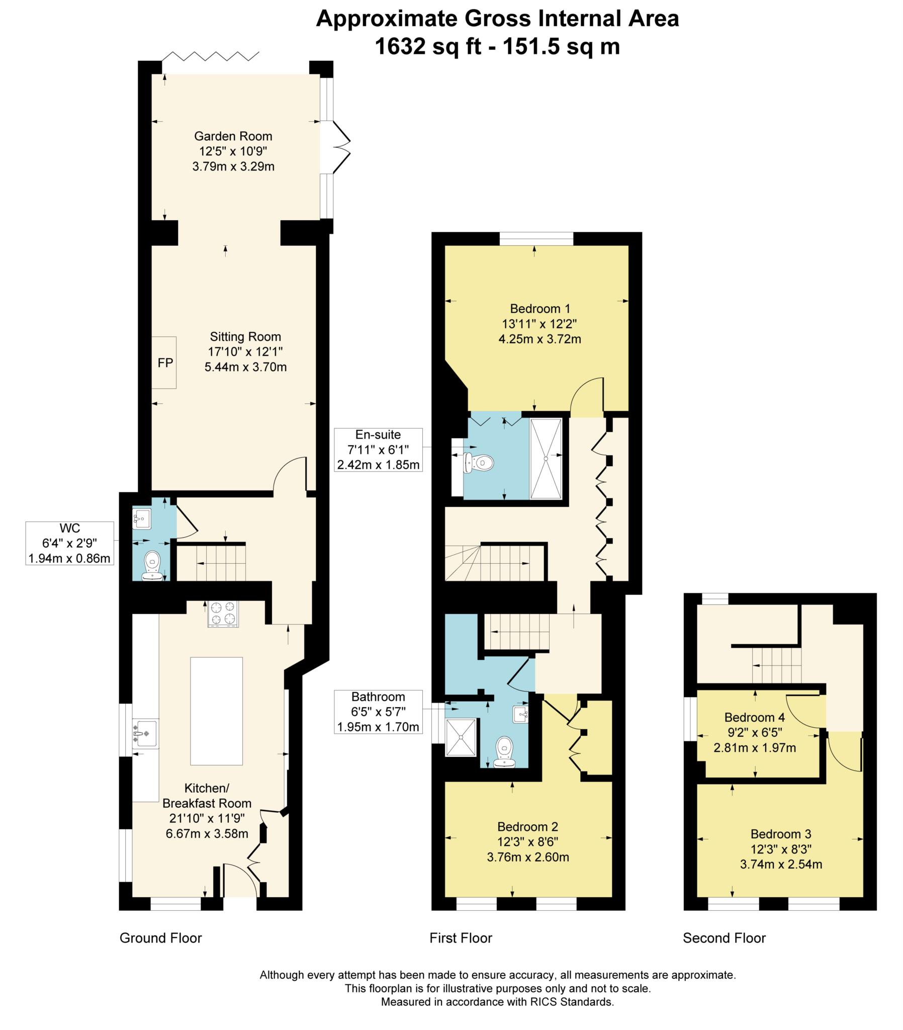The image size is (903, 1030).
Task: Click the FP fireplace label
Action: coord(165,363)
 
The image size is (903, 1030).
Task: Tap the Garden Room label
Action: coord(233,136)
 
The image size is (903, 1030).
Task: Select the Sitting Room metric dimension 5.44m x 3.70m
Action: coord(245,367)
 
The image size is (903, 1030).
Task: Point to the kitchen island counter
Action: coord(216,711)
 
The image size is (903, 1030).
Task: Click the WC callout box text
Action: coord(69,543)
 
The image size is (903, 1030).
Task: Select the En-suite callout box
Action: coord(379,450)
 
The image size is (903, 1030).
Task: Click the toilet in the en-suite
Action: coord(479,463)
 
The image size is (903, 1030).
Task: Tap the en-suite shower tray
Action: coord(546,459)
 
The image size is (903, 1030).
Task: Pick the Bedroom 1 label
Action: coord(539,308)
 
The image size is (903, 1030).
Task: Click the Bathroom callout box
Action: coord(379,712)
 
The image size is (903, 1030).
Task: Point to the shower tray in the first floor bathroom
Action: coord(461,737)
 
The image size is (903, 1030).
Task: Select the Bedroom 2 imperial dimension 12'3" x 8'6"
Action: coord(527,841)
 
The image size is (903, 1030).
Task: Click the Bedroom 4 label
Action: coord(754,717)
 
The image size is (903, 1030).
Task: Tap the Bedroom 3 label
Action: coord(780,834)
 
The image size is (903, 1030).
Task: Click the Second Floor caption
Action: coord(724,938)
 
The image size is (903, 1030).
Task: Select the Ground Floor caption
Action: coord(161,938)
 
